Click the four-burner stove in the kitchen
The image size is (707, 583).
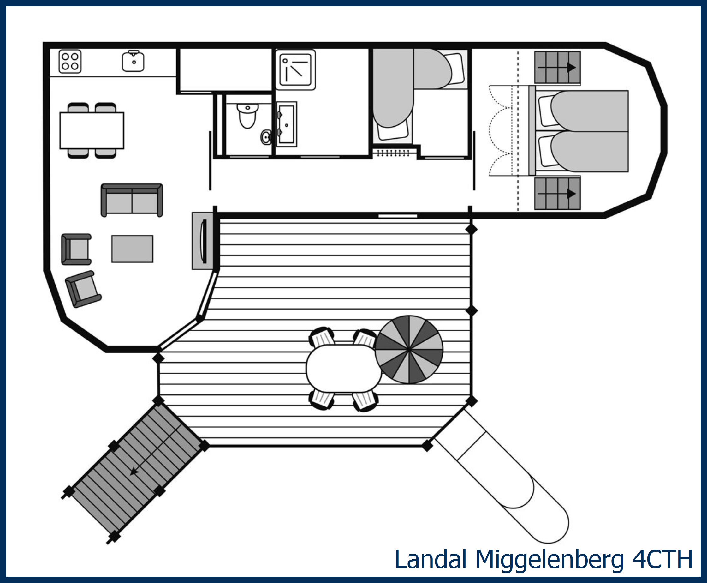[70, 62]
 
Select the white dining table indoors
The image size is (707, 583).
[92, 130]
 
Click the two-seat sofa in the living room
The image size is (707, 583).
[132, 200]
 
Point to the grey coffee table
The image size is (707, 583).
[132, 249]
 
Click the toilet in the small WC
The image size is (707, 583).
[248, 116]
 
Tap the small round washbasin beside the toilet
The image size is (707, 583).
[266, 137]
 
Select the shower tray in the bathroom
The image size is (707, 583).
[295, 70]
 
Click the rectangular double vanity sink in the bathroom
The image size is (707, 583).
[287, 124]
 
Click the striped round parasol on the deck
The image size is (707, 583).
[409, 350]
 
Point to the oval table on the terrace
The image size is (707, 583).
[344, 368]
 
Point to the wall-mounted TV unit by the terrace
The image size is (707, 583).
[202, 241]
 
